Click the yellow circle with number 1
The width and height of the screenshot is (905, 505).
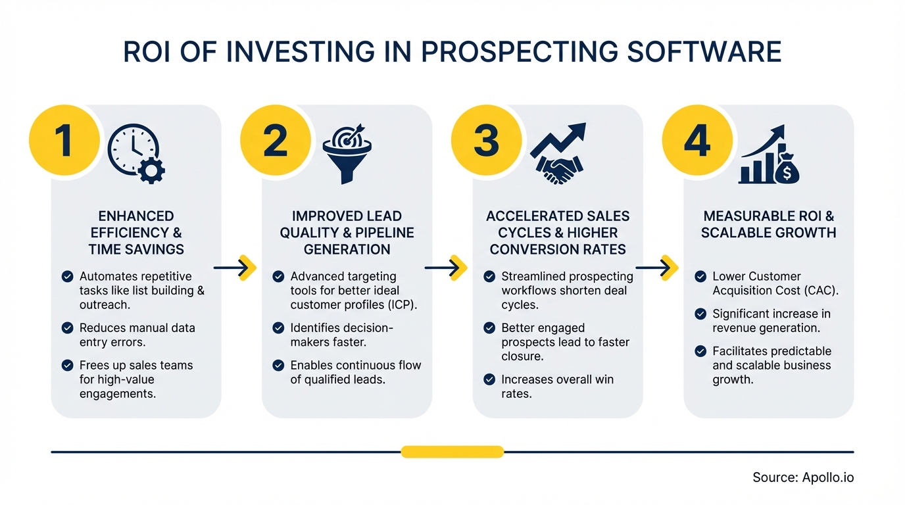pyautogui.click(x=64, y=141)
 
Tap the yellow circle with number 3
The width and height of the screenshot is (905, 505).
pyautogui.click(x=486, y=141)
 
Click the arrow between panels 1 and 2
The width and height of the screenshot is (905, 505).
pyautogui.click(x=235, y=268)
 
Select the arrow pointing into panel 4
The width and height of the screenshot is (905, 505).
pyautogui.click(x=657, y=268)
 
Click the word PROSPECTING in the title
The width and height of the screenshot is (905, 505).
pyautogui.click(x=518, y=53)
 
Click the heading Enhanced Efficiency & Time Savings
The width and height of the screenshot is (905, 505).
pyautogui.click(x=136, y=233)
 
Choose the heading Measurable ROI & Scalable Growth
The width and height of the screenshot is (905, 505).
pyautogui.click(x=768, y=225)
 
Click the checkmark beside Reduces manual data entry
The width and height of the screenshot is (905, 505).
pyautogui.click(x=67, y=327)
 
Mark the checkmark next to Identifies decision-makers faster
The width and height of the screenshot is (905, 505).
pyautogui.click(x=278, y=327)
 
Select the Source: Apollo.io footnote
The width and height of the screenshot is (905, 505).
pyautogui.click(x=803, y=478)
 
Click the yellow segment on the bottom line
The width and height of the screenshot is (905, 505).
pyautogui.click(x=452, y=452)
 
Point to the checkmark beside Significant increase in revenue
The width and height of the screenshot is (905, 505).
pyautogui.click(x=700, y=314)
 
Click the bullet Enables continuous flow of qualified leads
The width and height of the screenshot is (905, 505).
pyautogui.click(x=355, y=372)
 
